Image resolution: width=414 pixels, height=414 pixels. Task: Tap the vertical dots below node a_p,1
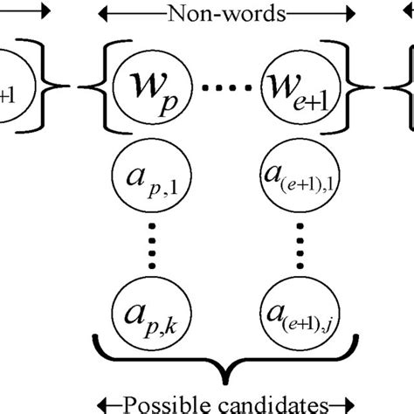pyautogui.click(x=143, y=242)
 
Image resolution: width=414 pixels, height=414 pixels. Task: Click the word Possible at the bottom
pyautogui.click(x=159, y=404)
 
